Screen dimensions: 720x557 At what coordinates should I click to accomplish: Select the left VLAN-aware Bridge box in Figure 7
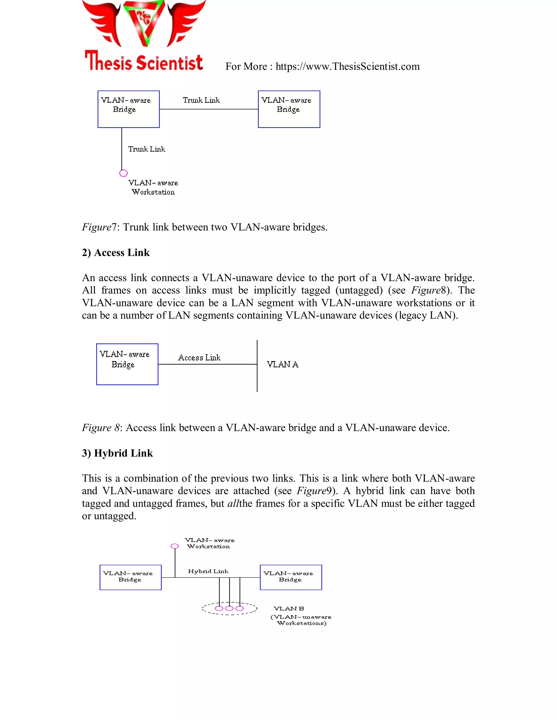[x=128, y=109]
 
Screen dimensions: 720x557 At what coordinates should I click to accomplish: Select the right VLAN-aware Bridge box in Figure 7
[x=289, y=109]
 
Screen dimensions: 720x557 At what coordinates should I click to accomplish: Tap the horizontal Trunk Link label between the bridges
[x=201, y=100]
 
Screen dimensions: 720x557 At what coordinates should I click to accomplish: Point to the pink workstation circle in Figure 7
[x=123, y=173]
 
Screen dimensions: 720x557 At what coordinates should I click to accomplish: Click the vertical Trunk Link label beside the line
[x=147, y=149]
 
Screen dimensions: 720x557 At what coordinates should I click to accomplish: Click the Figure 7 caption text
[x=205, y=227]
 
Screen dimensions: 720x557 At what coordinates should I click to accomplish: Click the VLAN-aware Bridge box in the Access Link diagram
[x=127, y=364]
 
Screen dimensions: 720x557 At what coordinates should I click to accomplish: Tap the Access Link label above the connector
[x=199, y=358]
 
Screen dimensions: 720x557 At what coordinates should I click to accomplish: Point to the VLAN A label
[x=283, y=364]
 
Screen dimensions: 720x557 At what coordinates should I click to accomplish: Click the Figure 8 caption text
[x=266, y=428]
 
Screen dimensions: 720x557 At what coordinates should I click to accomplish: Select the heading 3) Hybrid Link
[x=117, y=453]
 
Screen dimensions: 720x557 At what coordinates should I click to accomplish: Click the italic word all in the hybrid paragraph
[x=233, y=503]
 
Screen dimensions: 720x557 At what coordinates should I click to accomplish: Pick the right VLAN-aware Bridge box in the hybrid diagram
[x=291, y=577]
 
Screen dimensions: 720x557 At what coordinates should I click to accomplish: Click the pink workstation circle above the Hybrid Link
[x=175, y=546]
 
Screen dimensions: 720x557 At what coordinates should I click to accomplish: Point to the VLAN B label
[x=289, y=609]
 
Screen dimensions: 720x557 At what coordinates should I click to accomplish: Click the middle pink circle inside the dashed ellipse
[x=229, y=608]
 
